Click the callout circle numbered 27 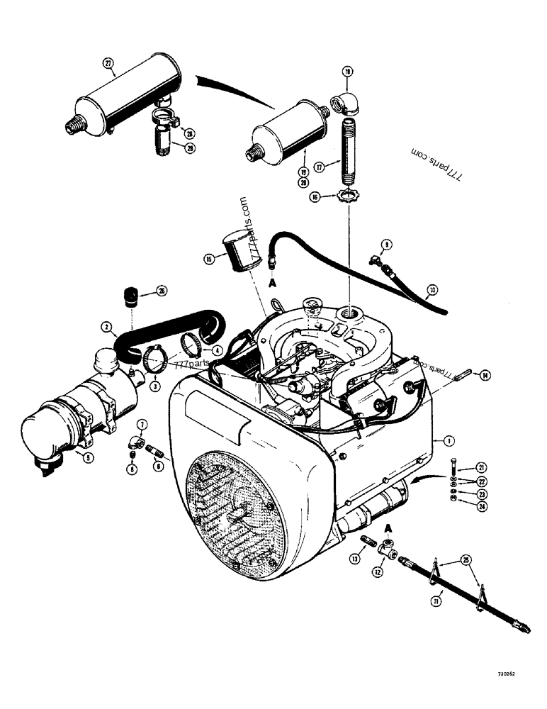[108, 63]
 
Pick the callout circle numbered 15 [208, 259]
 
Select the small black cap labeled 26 [130, 296]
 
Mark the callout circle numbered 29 [189, 147]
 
